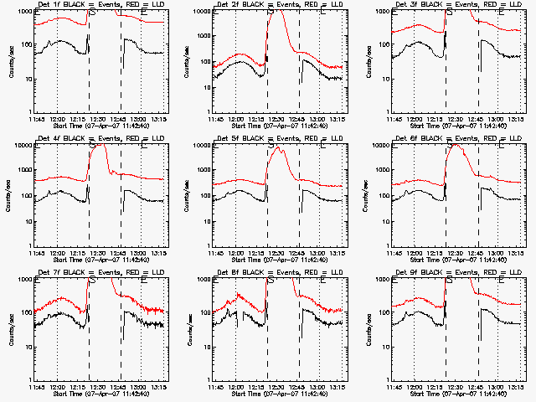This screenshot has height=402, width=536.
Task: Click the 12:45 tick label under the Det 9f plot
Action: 477,388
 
